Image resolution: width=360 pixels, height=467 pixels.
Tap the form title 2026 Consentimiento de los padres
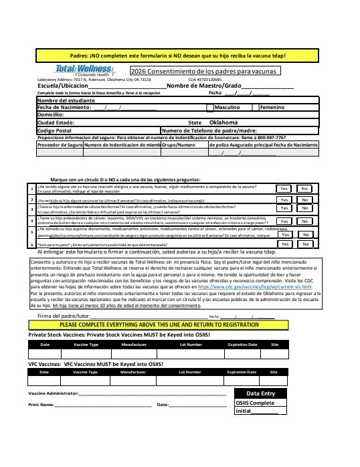pos(203,71)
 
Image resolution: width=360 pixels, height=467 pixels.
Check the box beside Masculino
pos(209,107)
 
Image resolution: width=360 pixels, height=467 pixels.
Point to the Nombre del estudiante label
pos(64,100)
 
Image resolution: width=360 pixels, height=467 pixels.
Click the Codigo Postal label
pos(56,130)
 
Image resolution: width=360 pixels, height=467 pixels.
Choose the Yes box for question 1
pos(284,189)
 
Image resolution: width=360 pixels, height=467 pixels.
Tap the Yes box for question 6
pos(284,244)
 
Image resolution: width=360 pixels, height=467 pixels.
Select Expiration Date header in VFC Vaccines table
pos(242,371)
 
